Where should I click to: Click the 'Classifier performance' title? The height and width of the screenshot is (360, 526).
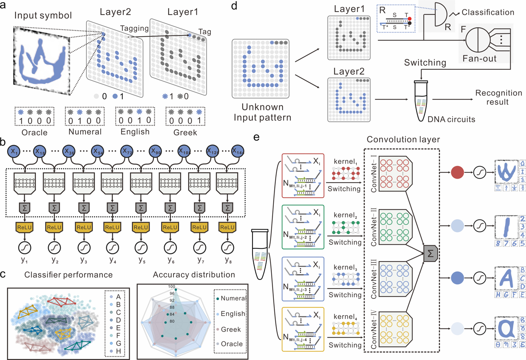[x=68, y=275]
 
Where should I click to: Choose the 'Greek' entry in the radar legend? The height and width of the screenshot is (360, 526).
[x=230, y=329]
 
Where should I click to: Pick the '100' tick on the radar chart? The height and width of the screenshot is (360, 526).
[x=171, y=287]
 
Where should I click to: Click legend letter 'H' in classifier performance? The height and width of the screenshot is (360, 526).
[x=118, y=351]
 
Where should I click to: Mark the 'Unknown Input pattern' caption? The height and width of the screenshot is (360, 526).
[x=262, y=112]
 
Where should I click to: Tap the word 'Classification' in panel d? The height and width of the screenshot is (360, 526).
[x=488, y=12]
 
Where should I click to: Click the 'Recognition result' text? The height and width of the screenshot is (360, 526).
[x=498, y=97]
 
